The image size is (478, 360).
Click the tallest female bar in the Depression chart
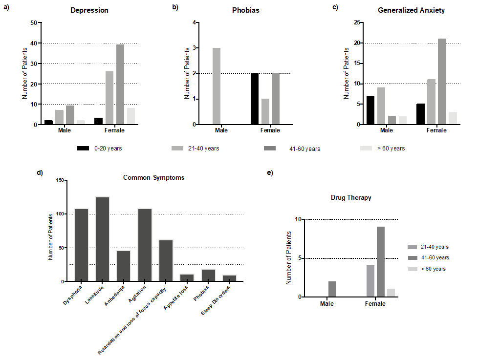(x=120, y=85)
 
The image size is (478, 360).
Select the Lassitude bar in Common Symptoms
(x=103, y=239)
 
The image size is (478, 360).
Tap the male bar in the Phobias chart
(x=217, y=86)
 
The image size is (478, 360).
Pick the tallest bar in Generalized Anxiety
(x=442, y=81)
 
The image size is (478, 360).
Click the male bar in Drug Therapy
(x=332, y=289)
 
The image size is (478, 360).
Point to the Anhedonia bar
(x=124, y=266)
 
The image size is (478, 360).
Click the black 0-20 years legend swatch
(x=83, y=148)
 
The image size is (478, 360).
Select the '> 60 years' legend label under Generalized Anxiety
(x=391, y=148)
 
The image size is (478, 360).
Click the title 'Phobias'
(x=246, y=10)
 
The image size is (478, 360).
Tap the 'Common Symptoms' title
(x=153, y=178)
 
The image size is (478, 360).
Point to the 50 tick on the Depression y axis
(x=34, y=22)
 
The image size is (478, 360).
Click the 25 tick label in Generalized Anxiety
(x=357, y=22)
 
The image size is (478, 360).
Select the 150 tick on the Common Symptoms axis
(x=60, y=180)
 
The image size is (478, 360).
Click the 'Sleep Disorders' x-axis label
(x=215, y=300)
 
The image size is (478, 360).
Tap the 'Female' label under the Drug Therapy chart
(x=375, y=304)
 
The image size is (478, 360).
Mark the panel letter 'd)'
(x=40, y=173)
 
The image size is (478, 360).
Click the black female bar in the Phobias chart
(x=255, y=99)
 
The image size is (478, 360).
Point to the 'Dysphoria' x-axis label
(x=72, y=295)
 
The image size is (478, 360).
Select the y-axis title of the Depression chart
(x=25, y=73)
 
